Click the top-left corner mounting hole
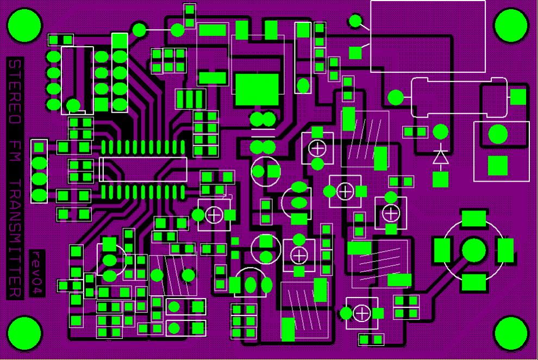click(x=24, y=26)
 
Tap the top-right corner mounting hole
click(x=511, y=25)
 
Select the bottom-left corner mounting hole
click(x=24, y=333)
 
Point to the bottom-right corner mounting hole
click(x=511, y=333)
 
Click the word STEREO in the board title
click(x=15, y=91)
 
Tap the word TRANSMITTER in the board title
click(x=15, y=238)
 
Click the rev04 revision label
click(x=37, y=272)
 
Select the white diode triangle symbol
click(x=440, y=158)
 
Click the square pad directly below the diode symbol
click(x=440, y=179)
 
